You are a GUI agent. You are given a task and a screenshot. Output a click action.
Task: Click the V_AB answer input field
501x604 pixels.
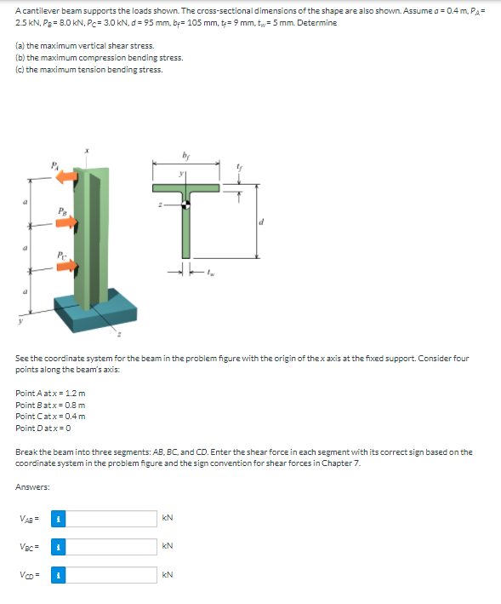(x=111, y=519)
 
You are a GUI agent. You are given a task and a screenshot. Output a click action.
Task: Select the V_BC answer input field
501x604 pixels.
(x=111, y=547)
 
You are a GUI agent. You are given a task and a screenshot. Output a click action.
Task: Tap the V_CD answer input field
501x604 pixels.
(x=111, y=575)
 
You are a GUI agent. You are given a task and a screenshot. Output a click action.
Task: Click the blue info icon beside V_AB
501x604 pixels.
(x=59, y=519)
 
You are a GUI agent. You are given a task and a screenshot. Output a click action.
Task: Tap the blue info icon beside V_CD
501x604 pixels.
(x=59, y=575)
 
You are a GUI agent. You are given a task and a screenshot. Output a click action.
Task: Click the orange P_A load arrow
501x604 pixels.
(x=67, y=177)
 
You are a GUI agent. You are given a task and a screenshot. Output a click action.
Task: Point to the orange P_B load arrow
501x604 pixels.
(x=67, y=222)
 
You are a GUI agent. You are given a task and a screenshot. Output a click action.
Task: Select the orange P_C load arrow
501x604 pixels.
(x=67, y=266)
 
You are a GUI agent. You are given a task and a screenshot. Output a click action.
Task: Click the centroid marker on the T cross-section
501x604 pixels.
(x=185, y=204)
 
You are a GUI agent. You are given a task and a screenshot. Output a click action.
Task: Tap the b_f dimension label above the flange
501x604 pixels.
(x=185, y=156)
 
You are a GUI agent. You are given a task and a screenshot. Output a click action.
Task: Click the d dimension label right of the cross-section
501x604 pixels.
(x=261, y=221)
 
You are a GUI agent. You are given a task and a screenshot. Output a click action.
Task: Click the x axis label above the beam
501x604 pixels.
(x=87, y=151)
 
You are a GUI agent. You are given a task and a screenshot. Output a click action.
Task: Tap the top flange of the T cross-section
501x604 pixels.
(x=185, y=188)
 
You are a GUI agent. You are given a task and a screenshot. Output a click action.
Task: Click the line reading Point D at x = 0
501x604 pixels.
(x=43, y=428)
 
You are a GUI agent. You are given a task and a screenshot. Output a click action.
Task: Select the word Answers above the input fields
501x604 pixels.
(x=32, y=487)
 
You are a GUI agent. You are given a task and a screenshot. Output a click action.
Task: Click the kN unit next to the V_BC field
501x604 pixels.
(x=168, y=546)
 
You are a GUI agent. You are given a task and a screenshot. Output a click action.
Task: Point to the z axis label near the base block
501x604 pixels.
(x=119, y=335)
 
